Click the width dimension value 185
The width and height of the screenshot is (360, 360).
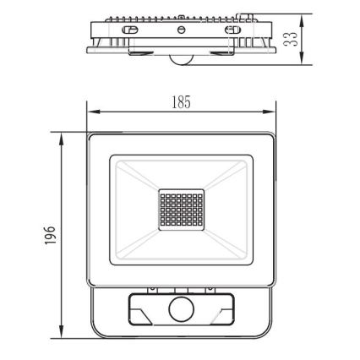[181, 101]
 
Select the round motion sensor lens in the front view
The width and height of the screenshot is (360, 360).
[180, 310]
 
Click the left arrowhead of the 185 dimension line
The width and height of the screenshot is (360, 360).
[92, 112]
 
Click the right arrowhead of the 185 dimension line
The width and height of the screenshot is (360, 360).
[275, 112]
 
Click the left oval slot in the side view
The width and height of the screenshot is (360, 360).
[130, 30]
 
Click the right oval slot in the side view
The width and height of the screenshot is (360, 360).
[231, 30]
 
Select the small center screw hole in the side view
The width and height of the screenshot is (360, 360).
[181, 30]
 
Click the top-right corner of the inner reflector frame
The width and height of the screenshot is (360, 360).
[252, 155]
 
